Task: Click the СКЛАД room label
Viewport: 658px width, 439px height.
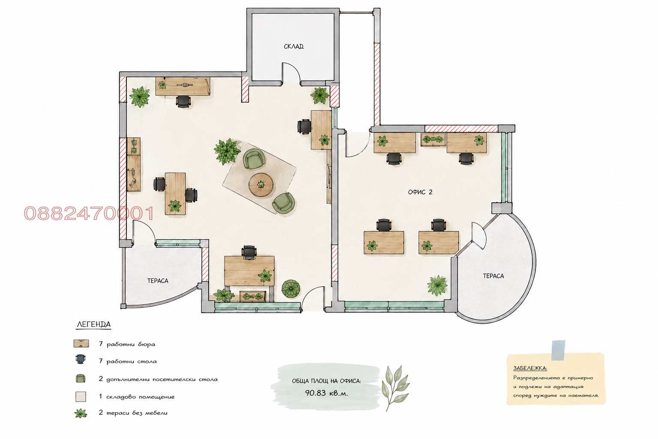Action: click(x=294, y=46)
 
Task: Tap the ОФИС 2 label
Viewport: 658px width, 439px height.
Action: click(x=420, y=192)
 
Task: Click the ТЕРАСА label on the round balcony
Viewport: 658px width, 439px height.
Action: click(x=493, y=276)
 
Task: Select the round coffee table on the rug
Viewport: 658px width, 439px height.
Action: click(x=261, y=185)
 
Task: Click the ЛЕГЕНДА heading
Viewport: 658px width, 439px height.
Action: click(x=94, y=325)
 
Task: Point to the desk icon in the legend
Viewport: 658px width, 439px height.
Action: click(x=81, y=343)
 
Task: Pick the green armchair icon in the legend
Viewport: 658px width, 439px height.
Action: click(x=81, y=379)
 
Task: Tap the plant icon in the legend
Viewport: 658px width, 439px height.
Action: click(x=81, y=413)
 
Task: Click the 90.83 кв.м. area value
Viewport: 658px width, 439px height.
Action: click(x=326, y=393)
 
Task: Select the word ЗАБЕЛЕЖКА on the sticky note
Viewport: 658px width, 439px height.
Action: click(x=530, y=368)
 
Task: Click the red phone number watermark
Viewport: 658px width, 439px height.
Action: click(x=89, y=213)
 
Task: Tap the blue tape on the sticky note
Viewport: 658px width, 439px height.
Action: click(x=558, y=350)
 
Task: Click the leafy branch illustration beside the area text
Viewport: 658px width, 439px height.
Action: click(x=395, y=388)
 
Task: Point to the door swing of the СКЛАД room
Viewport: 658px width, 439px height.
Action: click(x=291, y=72)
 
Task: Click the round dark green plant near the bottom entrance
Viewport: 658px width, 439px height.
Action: click(x=291, y=289)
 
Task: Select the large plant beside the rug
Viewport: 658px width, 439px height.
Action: click(x=227, y=151)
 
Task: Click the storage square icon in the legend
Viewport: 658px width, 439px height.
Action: click(x=81, y=397)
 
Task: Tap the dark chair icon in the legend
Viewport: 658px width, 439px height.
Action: click(x=81, y=359)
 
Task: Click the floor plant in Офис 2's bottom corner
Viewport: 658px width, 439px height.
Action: click(x=438, y=285)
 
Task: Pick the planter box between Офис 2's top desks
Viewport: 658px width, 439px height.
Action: click(x=433, y=139)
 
